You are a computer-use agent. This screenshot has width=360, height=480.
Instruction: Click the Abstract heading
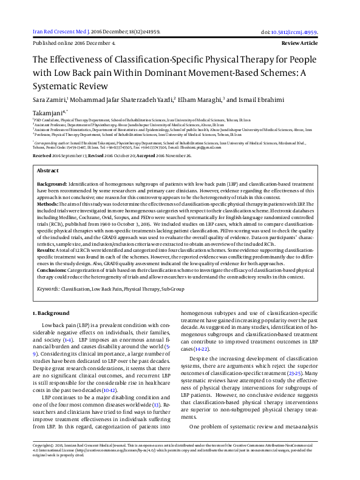(x=48, y=171)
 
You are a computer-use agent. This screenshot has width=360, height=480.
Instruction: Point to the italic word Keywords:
(x=49, y=289)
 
